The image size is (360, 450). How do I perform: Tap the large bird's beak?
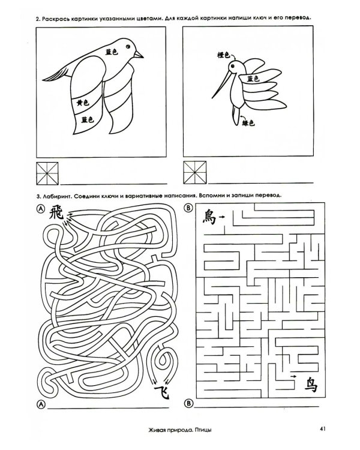point(139,54)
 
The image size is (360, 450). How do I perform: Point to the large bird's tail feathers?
point(57,74)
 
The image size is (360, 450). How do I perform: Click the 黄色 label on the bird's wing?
point(83,103)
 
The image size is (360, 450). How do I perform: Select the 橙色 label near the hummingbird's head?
point(224,55)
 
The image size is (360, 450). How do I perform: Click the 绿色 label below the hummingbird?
point(248,123)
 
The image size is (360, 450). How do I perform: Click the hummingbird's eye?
point(232,66)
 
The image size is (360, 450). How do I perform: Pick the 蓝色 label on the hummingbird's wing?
point(253,79)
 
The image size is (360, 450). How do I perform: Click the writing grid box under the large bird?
point(47,173)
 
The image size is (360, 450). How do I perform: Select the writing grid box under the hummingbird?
point(194,172)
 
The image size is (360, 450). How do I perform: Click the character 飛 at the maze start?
point(56,212)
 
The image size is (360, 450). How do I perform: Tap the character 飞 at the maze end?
point(162,392)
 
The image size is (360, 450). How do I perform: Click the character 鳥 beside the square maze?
point(209,217)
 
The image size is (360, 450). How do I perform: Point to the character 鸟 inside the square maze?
point(311,385)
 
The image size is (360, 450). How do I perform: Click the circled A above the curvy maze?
point(40,209)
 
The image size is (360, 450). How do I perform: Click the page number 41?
point(322,429)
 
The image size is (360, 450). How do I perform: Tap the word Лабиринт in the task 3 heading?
point(56,196)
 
